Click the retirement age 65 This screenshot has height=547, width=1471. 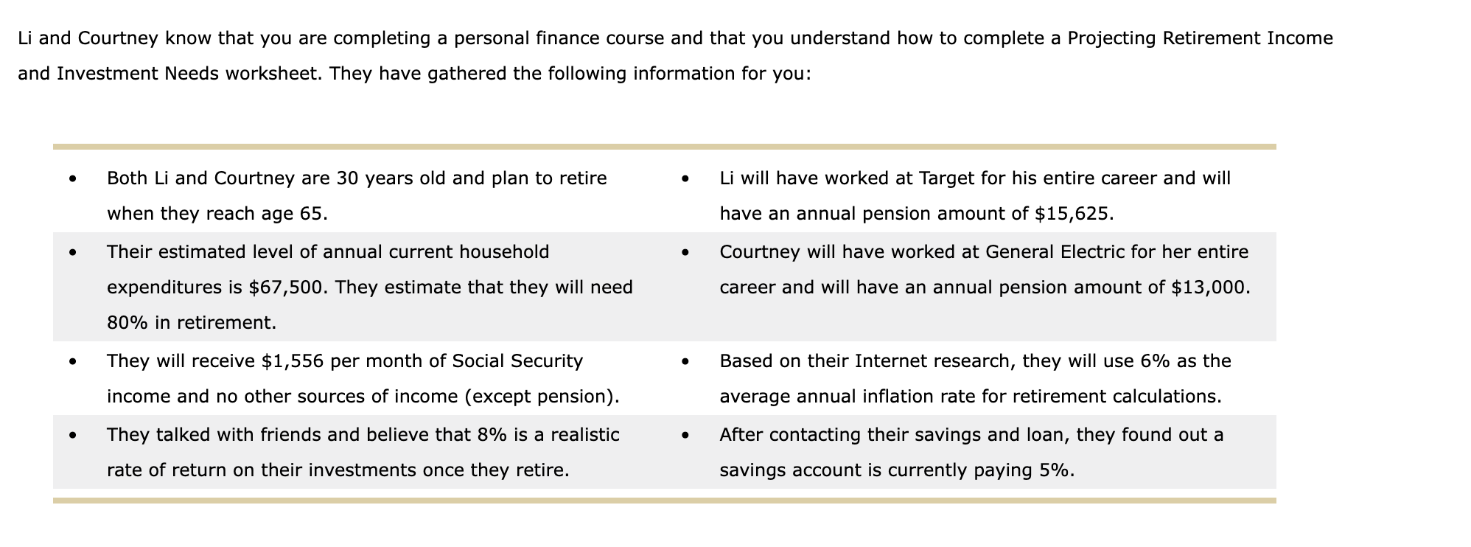point(312,214)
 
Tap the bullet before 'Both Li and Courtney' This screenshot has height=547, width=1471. point(72,178)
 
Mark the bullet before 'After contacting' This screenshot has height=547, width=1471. point(685,435)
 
